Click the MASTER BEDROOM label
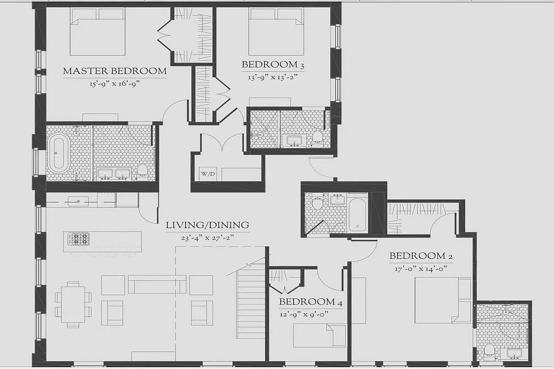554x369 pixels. point(114,71)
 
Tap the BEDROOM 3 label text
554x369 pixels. point(272,65)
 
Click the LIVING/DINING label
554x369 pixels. point(207,226)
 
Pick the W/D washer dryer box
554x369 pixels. point(207,174)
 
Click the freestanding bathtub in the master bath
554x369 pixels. point(59,152)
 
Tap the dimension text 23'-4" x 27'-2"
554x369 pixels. point(207,238)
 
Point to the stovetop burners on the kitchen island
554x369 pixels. point(79,239)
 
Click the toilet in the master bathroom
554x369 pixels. point(142,170)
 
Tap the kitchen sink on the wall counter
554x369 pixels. point(78,201)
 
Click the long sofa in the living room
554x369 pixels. point(157,285)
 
